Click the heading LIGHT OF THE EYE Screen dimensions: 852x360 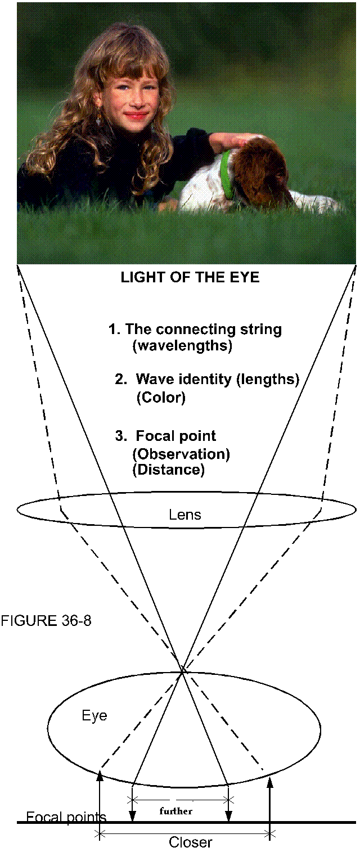coord(190,277)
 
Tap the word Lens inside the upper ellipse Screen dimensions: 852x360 coord(185,515)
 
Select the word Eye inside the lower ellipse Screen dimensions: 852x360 coord(94,716)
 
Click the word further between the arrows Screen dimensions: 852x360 coord(176,811)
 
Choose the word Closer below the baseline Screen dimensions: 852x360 coord(191,842)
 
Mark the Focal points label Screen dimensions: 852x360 coord(66,817)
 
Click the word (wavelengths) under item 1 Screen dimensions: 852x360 coord(182,346)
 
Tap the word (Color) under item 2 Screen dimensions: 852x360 coord(161,398)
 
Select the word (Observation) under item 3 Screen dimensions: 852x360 coord(181,454)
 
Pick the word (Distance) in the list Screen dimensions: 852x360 coord(168,470)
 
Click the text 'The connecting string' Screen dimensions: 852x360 coord(203,330)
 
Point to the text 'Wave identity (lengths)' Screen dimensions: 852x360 coord(217,380)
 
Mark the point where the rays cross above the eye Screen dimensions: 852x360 coord(183,669)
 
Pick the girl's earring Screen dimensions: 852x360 coord(99,120)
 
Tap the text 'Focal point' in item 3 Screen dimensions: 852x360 coord(175,436)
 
